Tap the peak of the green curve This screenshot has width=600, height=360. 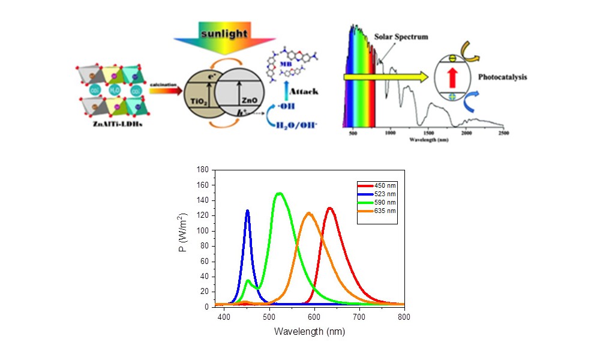click(279, 193)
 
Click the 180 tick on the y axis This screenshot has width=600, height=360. click(205, 170)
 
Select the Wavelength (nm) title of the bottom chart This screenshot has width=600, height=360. click(309, 331)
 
